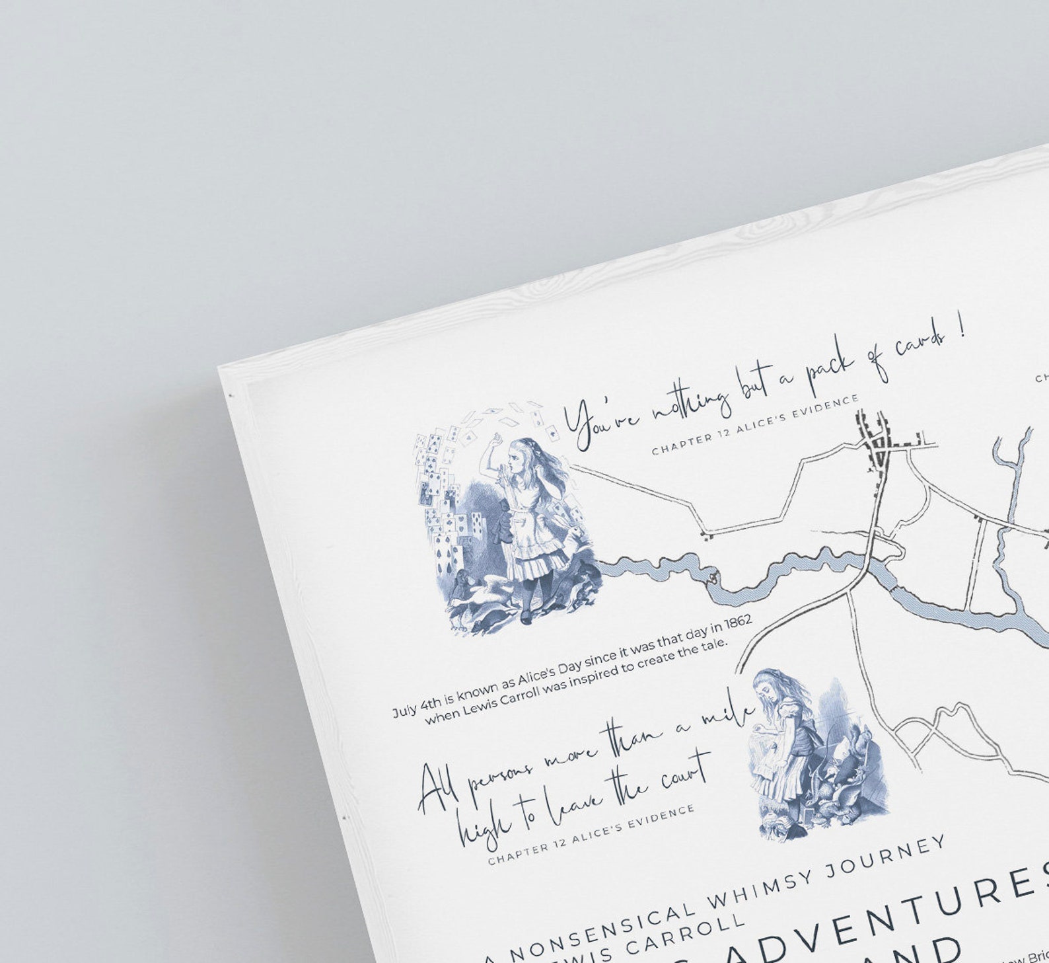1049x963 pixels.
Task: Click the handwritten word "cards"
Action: coord(919,344)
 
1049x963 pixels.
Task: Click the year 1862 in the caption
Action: coord(738,623)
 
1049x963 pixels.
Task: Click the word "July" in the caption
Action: coord(405,711)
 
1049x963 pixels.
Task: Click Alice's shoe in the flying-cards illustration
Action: coord(526,618)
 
